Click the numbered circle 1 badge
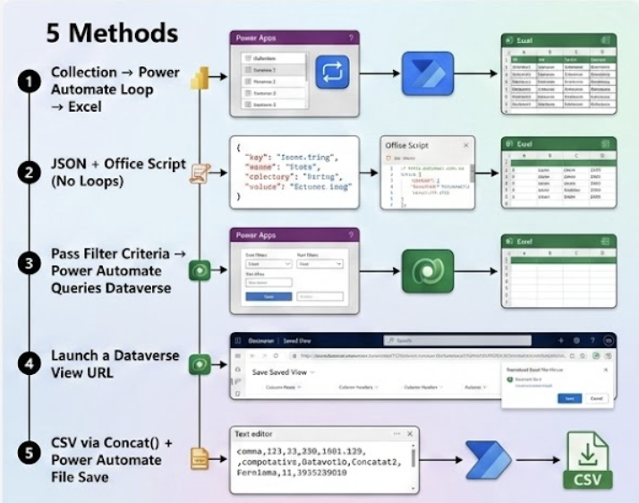click(30, 82)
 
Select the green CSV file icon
click(587, 461)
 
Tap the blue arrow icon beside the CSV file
click(489, 460)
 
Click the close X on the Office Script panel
click(466, 144)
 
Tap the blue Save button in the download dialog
click(570, 397)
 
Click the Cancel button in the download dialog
click(597, 397)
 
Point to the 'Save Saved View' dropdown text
click(282, 371)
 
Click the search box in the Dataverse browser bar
click(439, 340)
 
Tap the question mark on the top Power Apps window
click(350, 38)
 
